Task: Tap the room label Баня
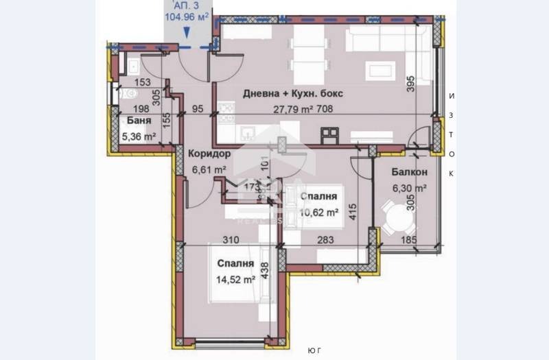[139, 121]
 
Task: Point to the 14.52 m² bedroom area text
[236, 279]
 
